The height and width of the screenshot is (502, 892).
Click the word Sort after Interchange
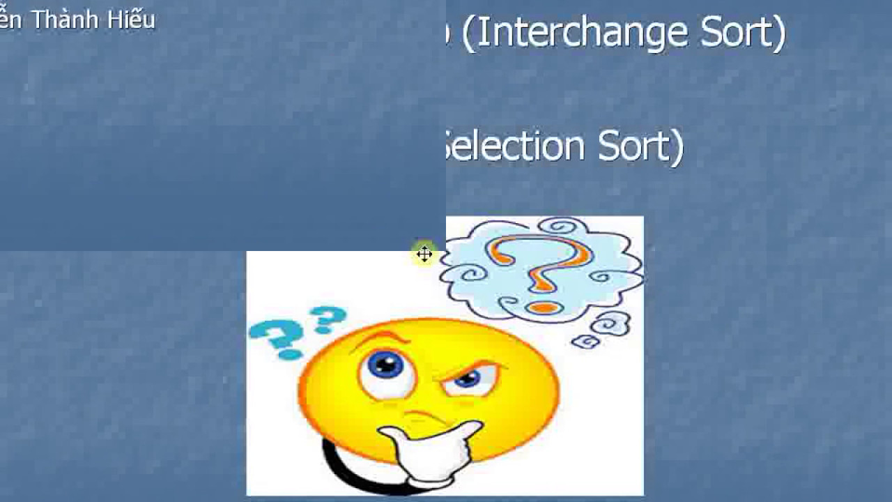(735, 33)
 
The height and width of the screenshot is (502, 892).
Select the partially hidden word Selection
(516, 146)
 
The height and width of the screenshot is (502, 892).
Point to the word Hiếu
(131, 20)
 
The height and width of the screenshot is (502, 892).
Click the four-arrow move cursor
(424, 254)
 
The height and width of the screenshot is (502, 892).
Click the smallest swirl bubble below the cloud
(585, 341)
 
